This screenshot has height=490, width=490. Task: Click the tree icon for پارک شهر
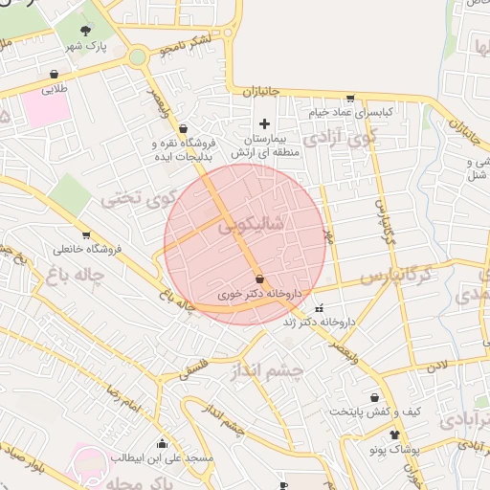click(x=94, y=31)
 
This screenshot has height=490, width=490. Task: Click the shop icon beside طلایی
click(x=54, y=74)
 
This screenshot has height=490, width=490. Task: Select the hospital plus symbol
click(x=265, y=123)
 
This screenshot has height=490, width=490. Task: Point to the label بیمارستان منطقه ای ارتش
click(x=266, y=145)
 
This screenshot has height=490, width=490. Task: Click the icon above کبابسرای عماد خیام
click(x=350, y=98)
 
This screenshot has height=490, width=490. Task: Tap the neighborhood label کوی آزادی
click(x=379, y=138)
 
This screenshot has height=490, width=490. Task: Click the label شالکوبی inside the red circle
click(x=251, y=226)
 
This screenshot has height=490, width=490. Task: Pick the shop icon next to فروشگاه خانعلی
click(x=86, y=235)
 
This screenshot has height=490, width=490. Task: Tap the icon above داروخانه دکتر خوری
click(x=260, y=278)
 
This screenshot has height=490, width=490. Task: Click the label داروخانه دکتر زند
click(x=319, y=323)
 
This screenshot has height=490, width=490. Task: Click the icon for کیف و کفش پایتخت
click(x=374, y=397)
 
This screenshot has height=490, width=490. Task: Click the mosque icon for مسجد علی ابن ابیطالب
click(x=162, y=443)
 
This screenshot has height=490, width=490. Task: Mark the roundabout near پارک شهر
click(x=139, y=56)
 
